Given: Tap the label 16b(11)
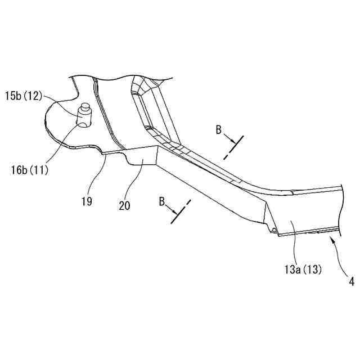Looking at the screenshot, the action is click(x=29, y=167).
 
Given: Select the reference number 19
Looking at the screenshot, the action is click(x=86, y=200).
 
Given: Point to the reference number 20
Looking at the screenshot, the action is click(x=124, y=205).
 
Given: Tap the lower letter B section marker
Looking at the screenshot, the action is click(x=162, y=201).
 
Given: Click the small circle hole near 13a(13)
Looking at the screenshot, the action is click(x=273, y=229).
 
